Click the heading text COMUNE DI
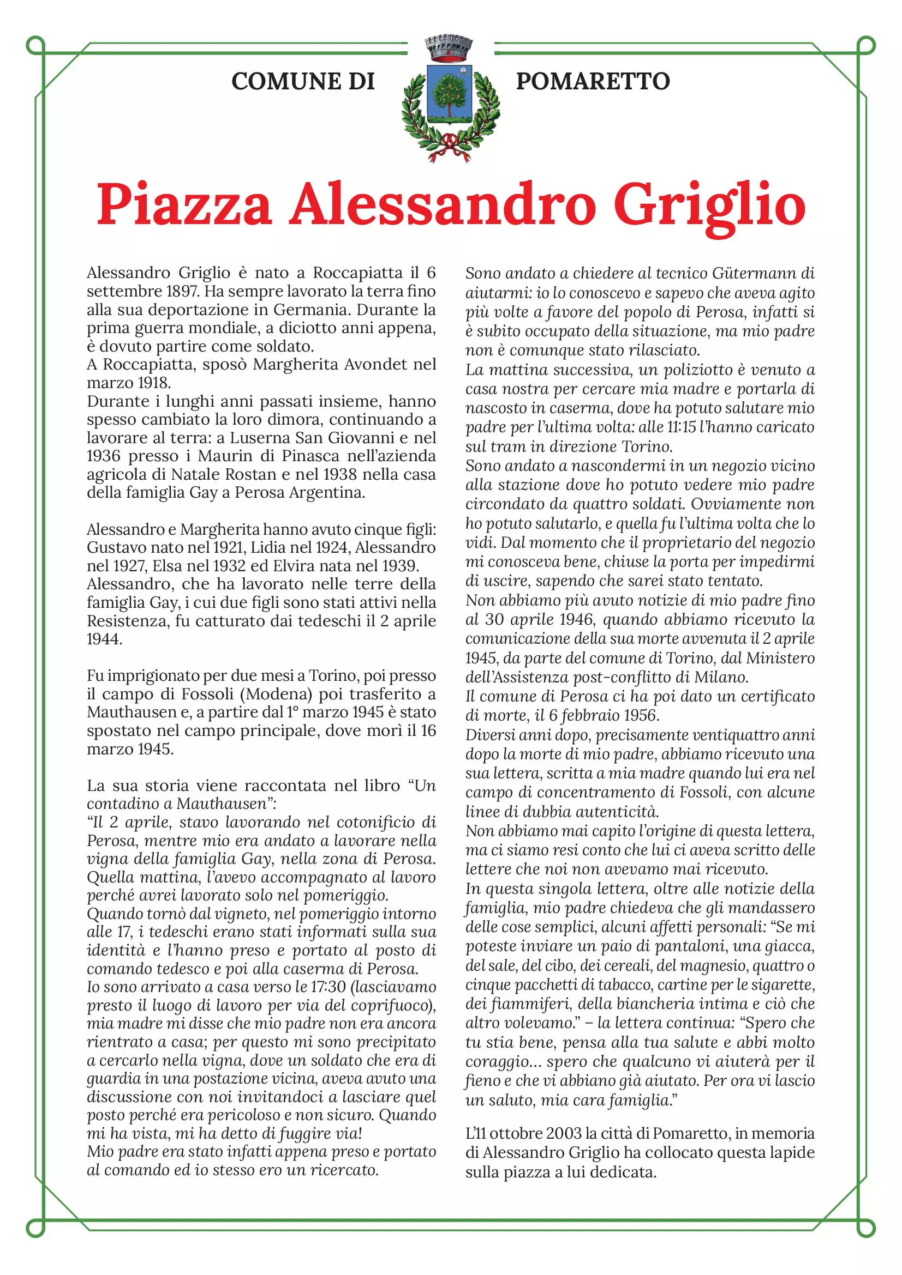tap(303, 81)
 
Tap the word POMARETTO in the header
tap(593, 81)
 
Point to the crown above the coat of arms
tap(448, 49)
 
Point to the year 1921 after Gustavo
tap(229, 547)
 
